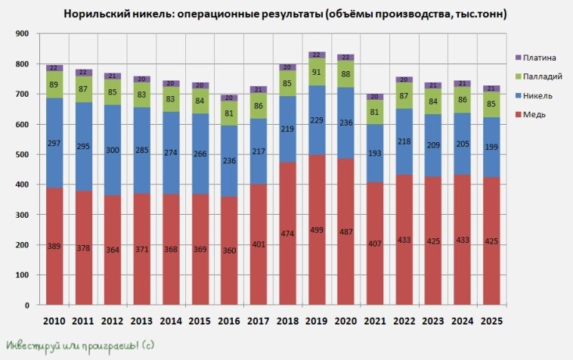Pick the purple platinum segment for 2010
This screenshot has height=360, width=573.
pyautogui.click(x=54, y=68)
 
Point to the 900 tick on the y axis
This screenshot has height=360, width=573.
pyautogui.click(x=21, y=34)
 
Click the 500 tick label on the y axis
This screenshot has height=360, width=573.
pyautogui.click(x=21, y=155)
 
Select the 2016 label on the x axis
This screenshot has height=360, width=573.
pyautogui.click(x=228, y=321)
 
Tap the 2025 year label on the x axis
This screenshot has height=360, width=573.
pyautogui.click(x=491, y=321)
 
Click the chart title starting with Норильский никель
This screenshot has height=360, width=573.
pyautogui.click(x=286, y=14)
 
